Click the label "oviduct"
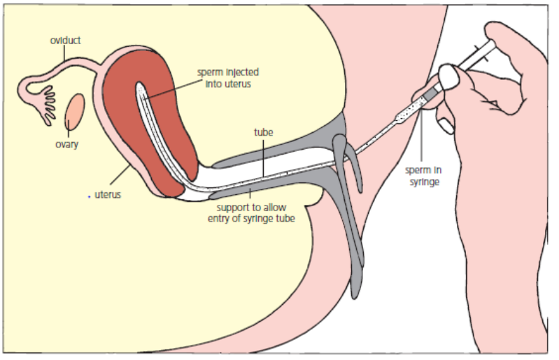pyautogui.click(x=65, y=41)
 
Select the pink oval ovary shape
pyautogui.click(x=76, y=109)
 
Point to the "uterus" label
pyautogui.click(x=108, y=195)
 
